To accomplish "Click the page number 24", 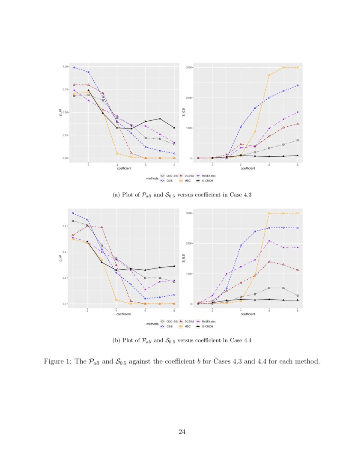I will pyautogui.click(x=182, y=432).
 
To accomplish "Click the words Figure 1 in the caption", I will pyautogui.click(x=58, y=361).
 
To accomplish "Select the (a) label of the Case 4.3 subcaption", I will pyautogui.click(x=116, y=195).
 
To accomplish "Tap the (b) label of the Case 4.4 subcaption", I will pyautogui.click(x=116, y=341).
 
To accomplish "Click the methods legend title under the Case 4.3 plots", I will pyautogui.click(x=152, y=178).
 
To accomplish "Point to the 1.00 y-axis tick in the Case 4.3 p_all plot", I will pyautogui.click(x=66, y=67).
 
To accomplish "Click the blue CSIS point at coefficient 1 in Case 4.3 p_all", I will pyautogui.click(x=74, y=67).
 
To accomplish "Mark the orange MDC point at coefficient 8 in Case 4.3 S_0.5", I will pyautogui.click(x=298, y=68).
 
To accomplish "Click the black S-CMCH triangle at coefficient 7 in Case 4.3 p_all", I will pyautogui.click(x=160, y=119).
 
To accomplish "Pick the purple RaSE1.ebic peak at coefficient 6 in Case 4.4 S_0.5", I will pyautogui.click(x=269, y=241).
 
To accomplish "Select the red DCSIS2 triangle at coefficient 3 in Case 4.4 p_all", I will pyautogui.click(x=102, y=227).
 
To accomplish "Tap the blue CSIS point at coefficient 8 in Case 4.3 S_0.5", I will pyautogui.click(x=298, y=86).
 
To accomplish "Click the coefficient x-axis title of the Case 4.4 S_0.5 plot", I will pyautogui.click(x=248, y=314).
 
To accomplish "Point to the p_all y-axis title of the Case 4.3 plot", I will pyautogui.click(x=60, y=113).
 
